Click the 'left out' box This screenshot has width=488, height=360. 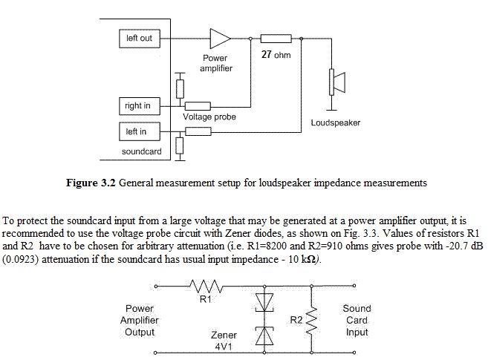point(140,39)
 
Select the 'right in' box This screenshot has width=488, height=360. point(140,106)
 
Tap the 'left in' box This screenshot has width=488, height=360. point(140,131)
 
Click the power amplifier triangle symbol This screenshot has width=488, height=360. point(221,39)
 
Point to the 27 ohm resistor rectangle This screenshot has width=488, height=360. point(276,39)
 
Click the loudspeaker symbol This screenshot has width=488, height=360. point(337,82)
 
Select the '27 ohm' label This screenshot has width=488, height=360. point(276,55)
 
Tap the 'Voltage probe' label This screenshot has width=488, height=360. point(209,117)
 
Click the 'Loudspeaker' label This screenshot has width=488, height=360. point(336,122)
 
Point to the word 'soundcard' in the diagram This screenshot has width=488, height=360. point(142,151)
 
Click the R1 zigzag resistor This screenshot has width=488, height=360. point(206,286)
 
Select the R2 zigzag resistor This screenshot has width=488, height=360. point(311,320)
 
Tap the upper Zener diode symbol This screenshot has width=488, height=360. point(264,302)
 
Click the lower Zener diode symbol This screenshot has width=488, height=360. point(264,336)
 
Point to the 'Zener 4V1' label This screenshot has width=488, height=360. point(224,341)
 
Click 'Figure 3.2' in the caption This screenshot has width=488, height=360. point(91,183)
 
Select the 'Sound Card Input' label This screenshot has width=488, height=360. point(357,320)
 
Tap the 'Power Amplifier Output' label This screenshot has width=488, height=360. point(140,320)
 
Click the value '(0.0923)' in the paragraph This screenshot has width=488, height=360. point(21,259)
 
